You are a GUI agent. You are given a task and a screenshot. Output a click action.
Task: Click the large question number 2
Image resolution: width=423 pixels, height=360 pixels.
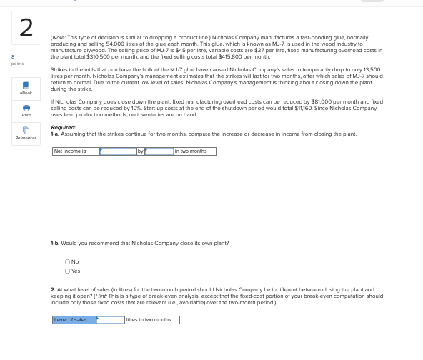pos(26,27)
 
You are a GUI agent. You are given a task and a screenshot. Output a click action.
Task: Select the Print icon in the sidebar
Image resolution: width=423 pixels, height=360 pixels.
pos(26,109)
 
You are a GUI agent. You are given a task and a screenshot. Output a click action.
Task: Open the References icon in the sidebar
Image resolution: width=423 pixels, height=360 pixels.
pos(26,131)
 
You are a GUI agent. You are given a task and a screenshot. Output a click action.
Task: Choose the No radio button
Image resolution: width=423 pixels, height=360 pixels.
pos(67,262)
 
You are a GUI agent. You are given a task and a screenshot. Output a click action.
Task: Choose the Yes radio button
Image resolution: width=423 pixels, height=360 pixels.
pos(67,271)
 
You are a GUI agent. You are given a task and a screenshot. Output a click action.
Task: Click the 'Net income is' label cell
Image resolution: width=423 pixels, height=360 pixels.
pos(75,151)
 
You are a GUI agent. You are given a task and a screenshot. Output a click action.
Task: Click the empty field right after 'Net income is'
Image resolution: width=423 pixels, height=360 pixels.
pos(118,151)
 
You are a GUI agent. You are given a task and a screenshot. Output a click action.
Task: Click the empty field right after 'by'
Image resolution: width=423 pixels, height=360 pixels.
pos(159,151)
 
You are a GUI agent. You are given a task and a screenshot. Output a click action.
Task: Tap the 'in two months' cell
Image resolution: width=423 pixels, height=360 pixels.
pos(194,151)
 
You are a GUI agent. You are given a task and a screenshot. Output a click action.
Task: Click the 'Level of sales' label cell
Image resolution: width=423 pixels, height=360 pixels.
pos(74,320)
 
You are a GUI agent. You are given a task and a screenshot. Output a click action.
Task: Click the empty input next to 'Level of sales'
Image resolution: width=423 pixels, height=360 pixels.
pos(110,320)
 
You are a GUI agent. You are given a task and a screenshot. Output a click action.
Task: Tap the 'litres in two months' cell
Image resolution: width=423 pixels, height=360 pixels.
pos(151,320)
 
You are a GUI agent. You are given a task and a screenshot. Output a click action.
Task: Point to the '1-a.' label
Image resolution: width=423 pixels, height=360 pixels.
pos(54,134)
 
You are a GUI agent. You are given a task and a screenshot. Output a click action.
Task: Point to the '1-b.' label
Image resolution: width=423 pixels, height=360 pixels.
pos(54,243)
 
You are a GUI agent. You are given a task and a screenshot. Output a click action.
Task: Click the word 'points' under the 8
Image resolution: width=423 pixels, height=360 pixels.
pos(17,64)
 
